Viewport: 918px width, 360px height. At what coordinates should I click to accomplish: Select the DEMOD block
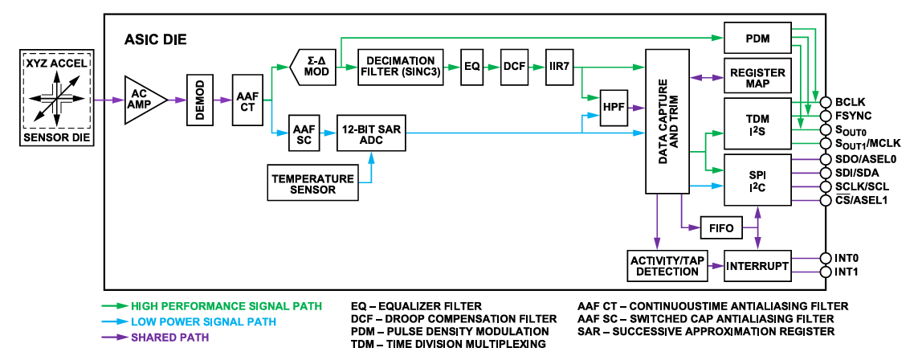(199, 100)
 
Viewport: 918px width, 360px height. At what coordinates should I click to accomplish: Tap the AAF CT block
(247, 100)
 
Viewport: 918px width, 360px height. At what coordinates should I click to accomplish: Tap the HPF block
(614, 107)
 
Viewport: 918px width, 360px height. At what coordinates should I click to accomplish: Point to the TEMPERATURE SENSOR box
(312, 184)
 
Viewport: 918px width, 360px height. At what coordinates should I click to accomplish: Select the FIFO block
(721, 228)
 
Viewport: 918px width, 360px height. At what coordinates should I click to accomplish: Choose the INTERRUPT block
(757, 266)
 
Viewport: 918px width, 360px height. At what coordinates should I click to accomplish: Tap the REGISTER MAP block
(757, 78)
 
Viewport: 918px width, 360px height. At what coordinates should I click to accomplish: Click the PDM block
(757, 37)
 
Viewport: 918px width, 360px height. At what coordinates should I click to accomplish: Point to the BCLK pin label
(849, 102)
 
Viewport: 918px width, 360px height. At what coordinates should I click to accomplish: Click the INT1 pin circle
(825, 272)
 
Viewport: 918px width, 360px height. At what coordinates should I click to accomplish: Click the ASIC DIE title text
(156, 39)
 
